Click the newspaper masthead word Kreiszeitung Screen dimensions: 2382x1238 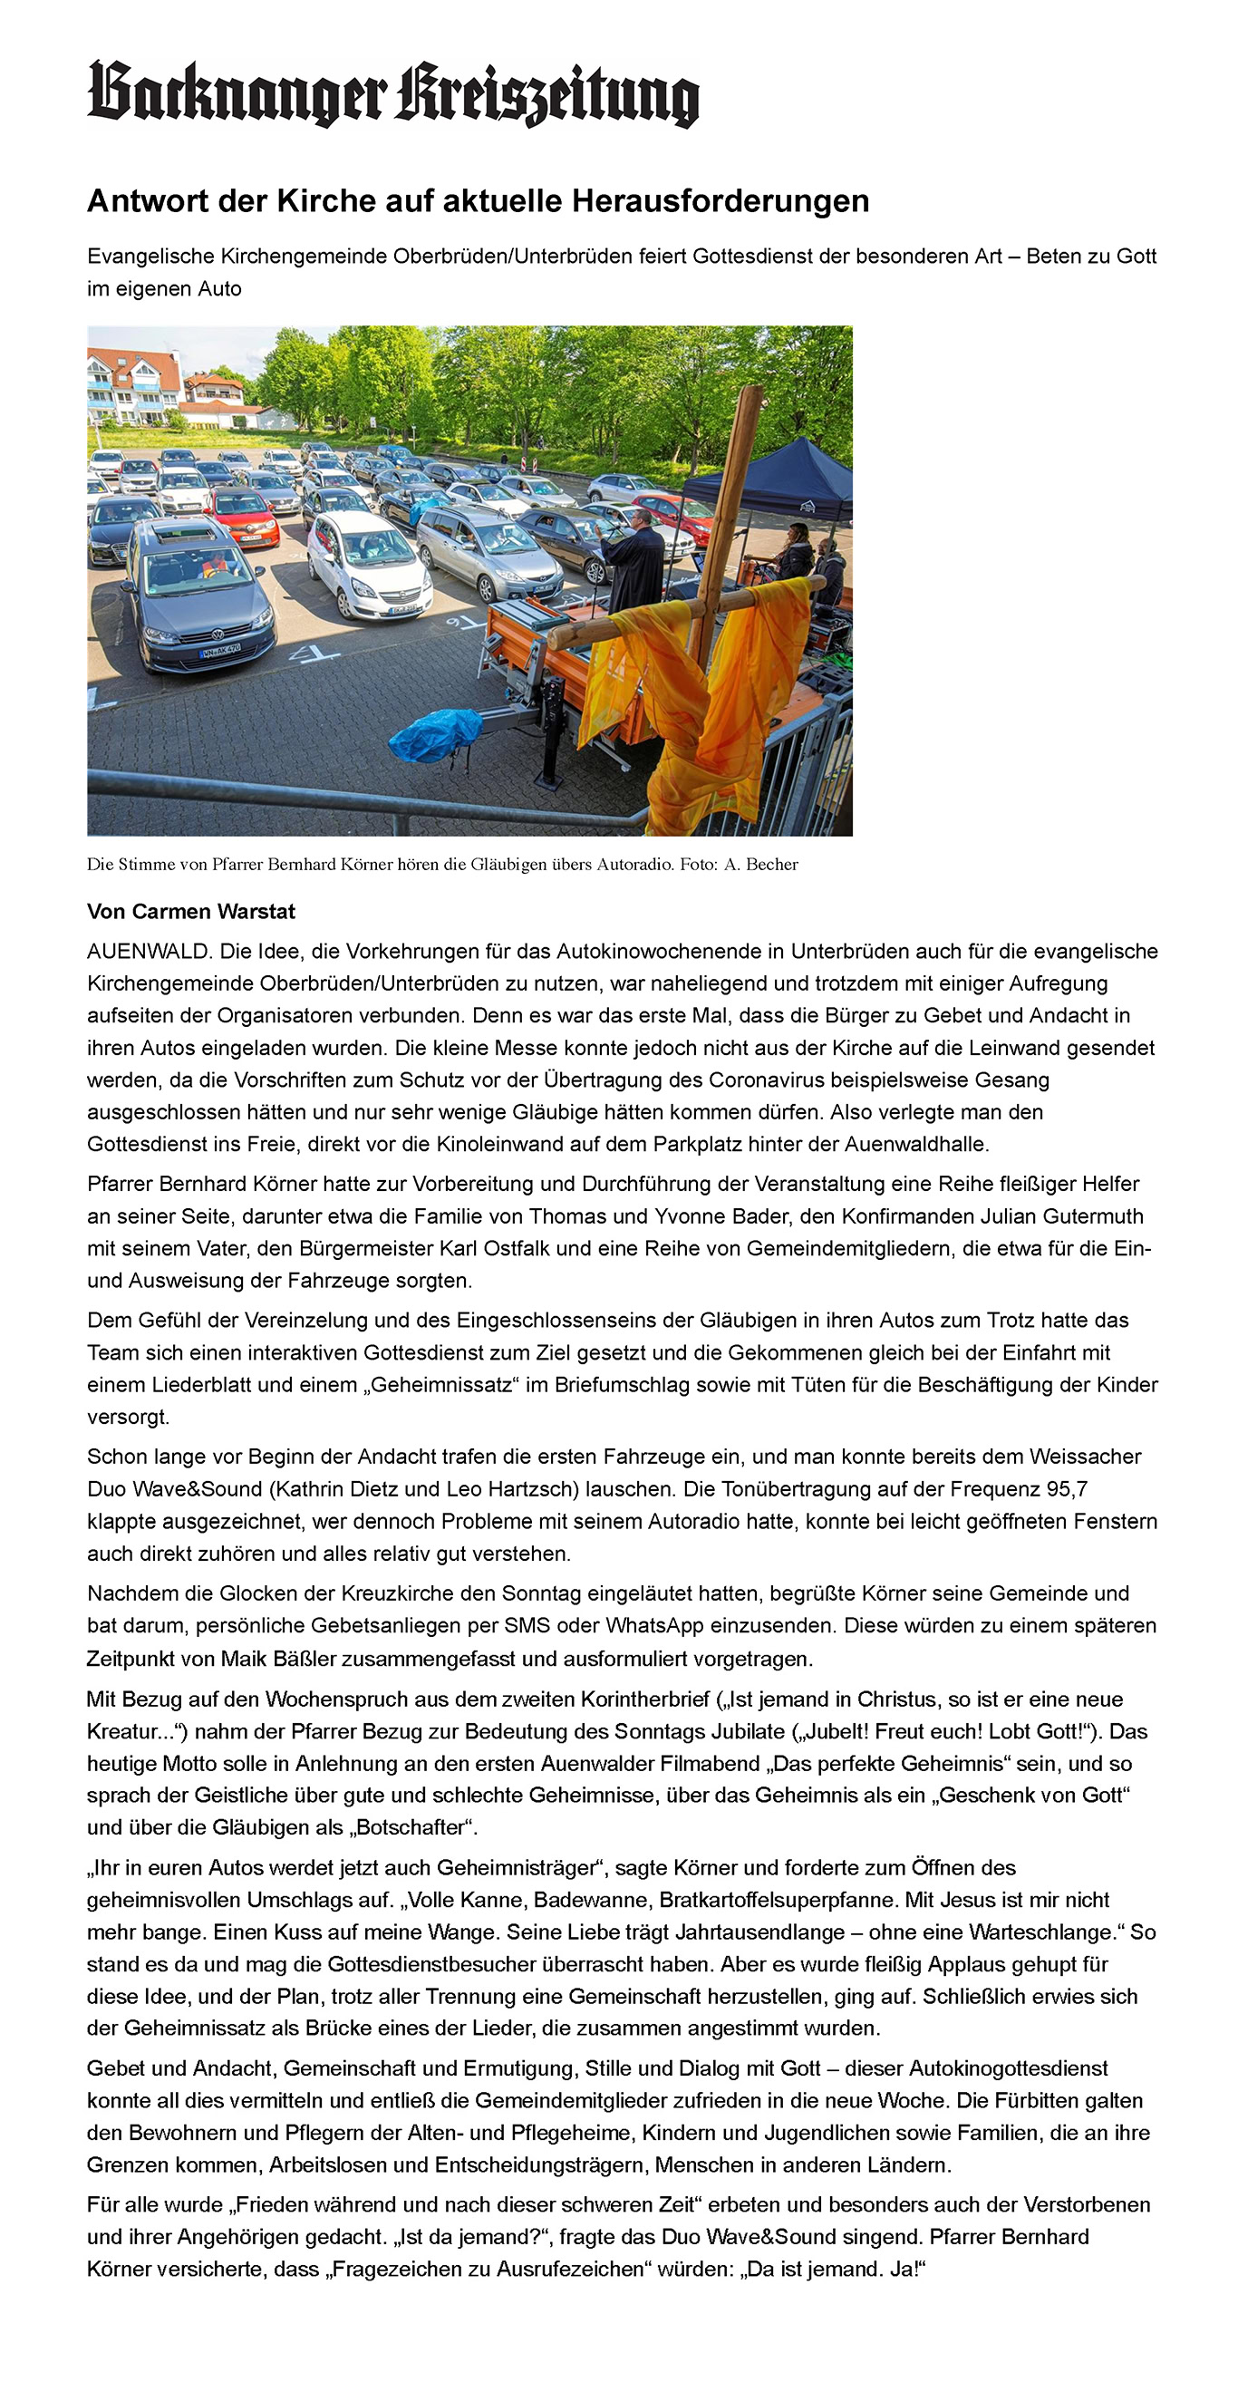tap(547, 95)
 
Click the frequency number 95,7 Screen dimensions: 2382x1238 tap(1066, 1488)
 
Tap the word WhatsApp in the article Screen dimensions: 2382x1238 tap(654, 1625)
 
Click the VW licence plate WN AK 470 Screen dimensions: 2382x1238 tap(220, 651)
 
